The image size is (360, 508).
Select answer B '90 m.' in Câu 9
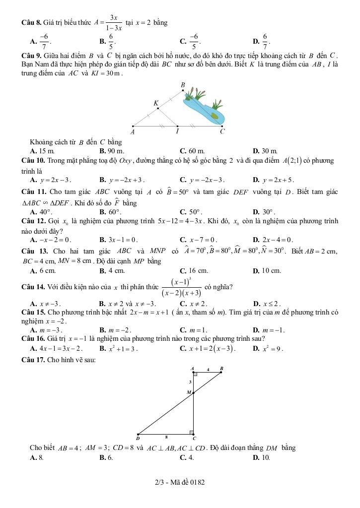click(x=112, y=150)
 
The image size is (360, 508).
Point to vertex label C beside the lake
click(x=222, y=132)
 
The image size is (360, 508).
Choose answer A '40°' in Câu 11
click(x=41, y=212)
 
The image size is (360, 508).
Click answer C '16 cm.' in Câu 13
click(x=194, y=271)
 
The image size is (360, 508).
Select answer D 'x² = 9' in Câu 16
click(x=268, y=348)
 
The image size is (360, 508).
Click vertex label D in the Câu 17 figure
click(x=138, y=439)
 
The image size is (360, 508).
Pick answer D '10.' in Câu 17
click(x=262, y=457)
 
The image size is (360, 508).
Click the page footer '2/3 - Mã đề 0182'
click(x=179, y=482)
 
